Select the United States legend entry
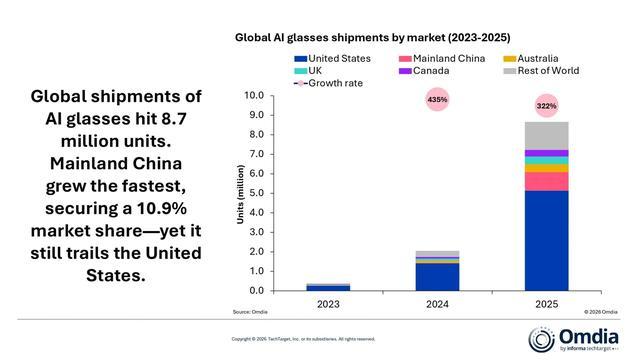click(334, 59)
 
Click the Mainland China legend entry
click(442, 59)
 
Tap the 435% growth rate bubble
click(437, 100)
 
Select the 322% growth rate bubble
click(546, 105)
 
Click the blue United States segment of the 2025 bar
click(546, 240)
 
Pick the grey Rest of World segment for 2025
click(546, 135)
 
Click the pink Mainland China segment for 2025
click(546, 181)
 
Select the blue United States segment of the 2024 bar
click(437, 277)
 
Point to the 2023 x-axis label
click(328, 302)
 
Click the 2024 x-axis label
click(437, 302)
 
